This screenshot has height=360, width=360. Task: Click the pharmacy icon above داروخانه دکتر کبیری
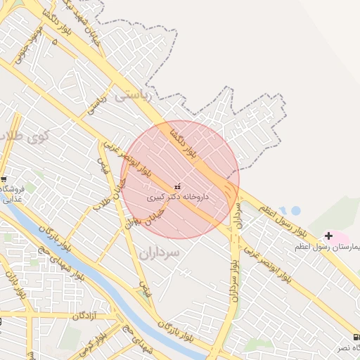[176, 187]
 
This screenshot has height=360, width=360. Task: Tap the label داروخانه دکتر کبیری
[177, 198]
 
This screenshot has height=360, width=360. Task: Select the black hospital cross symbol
[328, 236]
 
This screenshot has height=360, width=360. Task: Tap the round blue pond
[295, 210]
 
